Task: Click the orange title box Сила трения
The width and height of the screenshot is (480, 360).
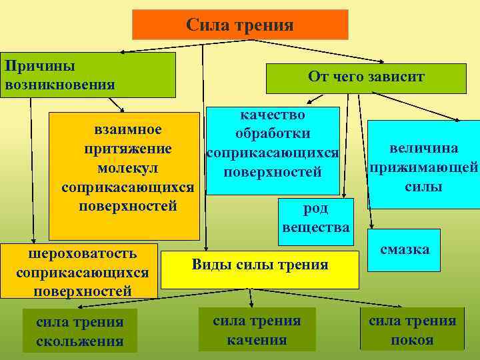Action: pyautogui.click(x=240, y=25)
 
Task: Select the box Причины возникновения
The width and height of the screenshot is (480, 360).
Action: pyautogui.click(x=87, y=75)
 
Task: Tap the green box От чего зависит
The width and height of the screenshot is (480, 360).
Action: pyautogui.click(x=365, y=77)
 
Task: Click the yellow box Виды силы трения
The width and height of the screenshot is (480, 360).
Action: pyautogui.click(x=260, y=265)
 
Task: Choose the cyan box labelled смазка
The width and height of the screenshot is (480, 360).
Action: pyautogui.click(x=404, y=250)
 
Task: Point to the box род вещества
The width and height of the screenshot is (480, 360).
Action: pyautogui.click(x=315, y=218)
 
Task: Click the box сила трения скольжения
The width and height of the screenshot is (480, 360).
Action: pyautogui.click(x=79, y=331)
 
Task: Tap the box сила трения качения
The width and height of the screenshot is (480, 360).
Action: pyautogui.click(x=257, y=330)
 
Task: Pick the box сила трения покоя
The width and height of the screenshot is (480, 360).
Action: pyautogui.click(x=412, y=330)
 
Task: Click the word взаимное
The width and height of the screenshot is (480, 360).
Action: pyautogui.click(x=127, y=128)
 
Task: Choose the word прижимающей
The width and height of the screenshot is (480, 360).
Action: pyautogui.click(x=423, y=167)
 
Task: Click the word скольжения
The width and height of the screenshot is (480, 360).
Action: pyautogui.click(x=79, y=341)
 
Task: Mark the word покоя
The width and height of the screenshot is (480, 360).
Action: pyautogui.click(x=412, y=340)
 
